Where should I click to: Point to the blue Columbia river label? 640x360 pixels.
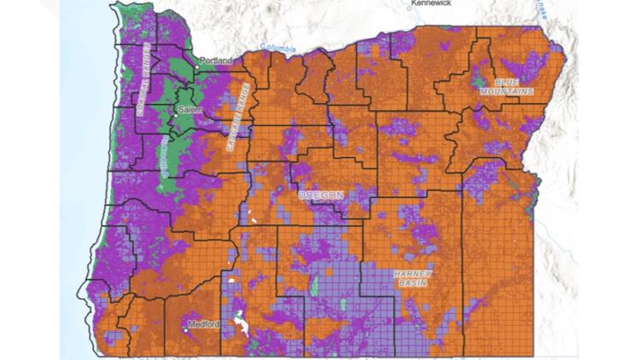coord(272,48)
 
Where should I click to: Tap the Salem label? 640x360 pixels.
coord(189,110)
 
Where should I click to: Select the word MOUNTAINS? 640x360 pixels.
coord(507,90)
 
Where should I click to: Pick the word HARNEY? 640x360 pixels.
coord(415,273)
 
